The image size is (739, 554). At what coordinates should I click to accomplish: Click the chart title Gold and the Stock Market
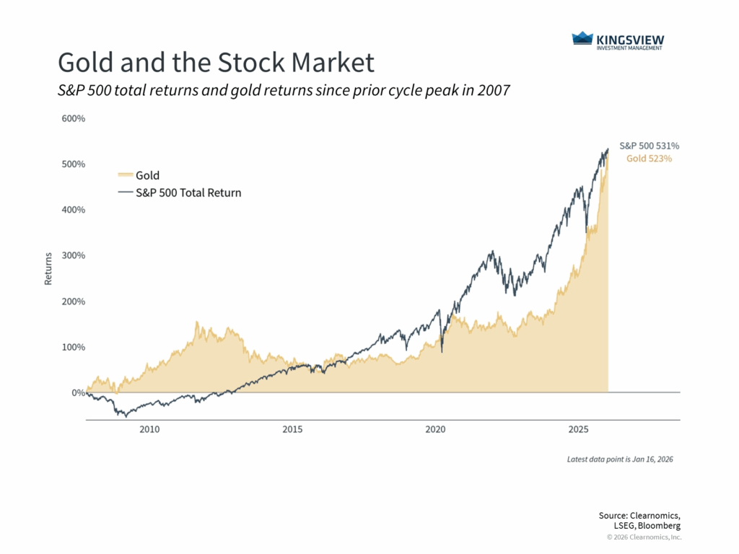tap(216, 63)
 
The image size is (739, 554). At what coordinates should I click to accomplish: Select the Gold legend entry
tap(147, 175)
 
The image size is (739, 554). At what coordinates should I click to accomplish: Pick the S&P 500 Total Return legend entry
tap(188, 193)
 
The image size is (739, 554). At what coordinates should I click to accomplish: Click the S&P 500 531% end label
tap(649, 146)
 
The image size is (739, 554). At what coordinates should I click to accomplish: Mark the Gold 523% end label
tap(649, 159)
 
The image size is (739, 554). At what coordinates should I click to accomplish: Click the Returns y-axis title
tap(48, 268)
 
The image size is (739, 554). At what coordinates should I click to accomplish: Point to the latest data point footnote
tap(620, 459)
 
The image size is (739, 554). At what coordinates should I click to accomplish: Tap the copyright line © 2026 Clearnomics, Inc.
tap(644, 537)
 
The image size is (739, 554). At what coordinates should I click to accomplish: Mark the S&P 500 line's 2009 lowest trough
tap(126, 416)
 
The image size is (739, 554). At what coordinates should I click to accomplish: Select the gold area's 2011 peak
tap(197, 322)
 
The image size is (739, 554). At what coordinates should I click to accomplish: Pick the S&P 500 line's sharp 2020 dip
tap(441, 352)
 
